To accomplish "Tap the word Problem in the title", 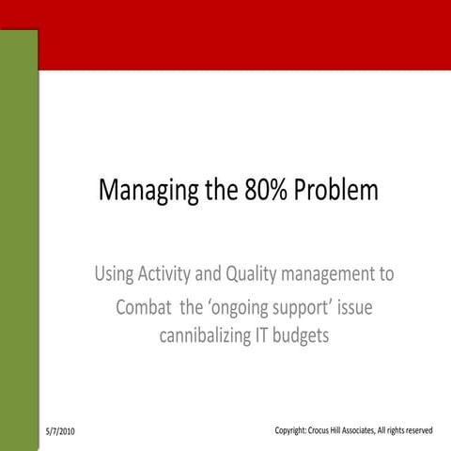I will [x=336, y=191].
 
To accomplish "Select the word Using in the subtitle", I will [x=113, y=275].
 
